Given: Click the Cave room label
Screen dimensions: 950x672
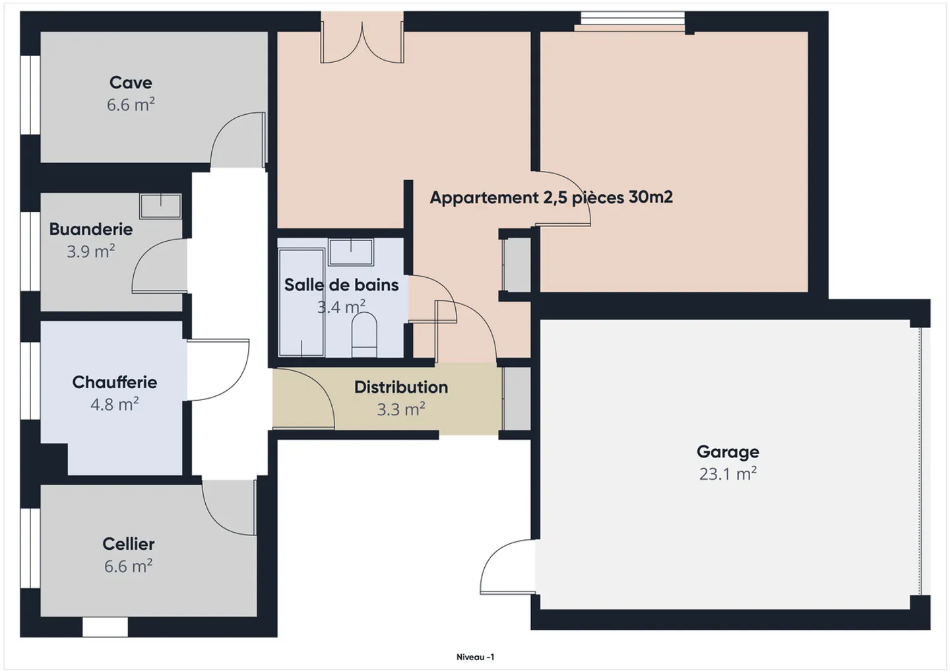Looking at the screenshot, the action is click(x=131, y=83).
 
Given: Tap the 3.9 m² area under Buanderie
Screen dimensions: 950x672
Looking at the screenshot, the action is click(x=91, y=251).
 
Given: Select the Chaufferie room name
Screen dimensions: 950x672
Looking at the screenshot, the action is click(x=115, y=382).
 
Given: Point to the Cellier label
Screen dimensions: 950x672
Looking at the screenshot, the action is click(x=129, y=544).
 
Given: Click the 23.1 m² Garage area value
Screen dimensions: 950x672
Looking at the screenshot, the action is click(x=728, y=474).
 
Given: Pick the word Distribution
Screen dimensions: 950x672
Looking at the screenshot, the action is click(x=401, y=387).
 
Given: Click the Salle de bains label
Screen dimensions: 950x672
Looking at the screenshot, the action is click(x=342, y=285).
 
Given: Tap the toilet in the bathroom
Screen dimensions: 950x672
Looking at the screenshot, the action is click(x=364, y=335).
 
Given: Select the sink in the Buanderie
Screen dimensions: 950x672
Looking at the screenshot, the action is click(x=160, y=206).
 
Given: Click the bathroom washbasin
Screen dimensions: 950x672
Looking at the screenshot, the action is click(x=351, y=252).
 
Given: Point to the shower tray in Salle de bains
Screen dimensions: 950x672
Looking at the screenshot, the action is click(x=301, y=302).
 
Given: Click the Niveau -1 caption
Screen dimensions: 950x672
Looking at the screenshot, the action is click(x=475, y=657).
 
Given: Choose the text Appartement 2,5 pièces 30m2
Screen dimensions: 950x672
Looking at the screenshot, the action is click(x=552, y=197).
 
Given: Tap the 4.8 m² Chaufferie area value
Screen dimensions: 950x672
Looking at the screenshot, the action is click(x=115, y=404).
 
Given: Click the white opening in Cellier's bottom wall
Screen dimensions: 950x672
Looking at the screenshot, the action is click(x=105, y=627).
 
